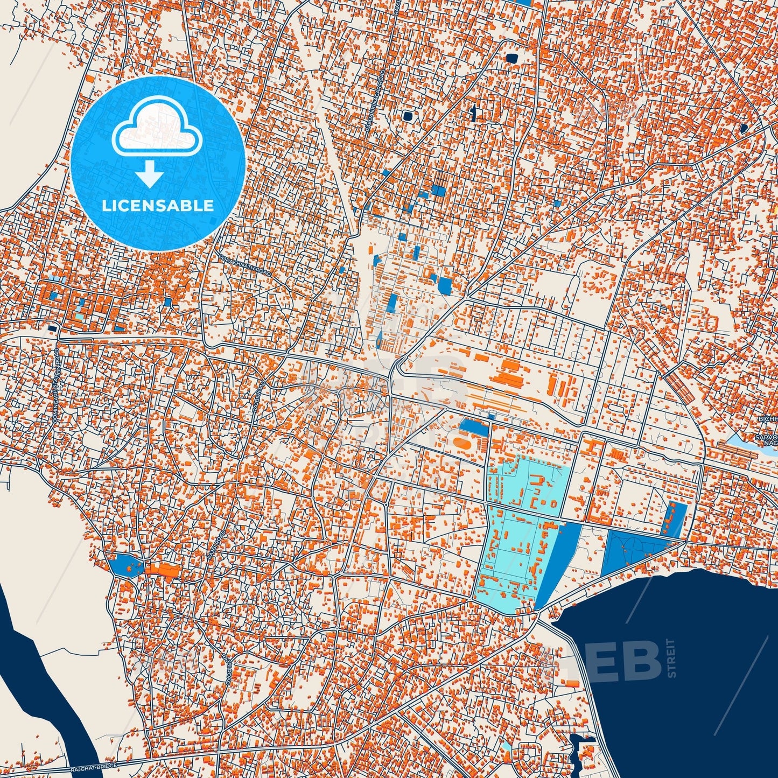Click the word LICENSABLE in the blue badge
point(158,205)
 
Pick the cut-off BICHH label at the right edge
point(767,419)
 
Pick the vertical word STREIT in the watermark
point(670,658)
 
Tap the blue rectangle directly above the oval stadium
point(473,427)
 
